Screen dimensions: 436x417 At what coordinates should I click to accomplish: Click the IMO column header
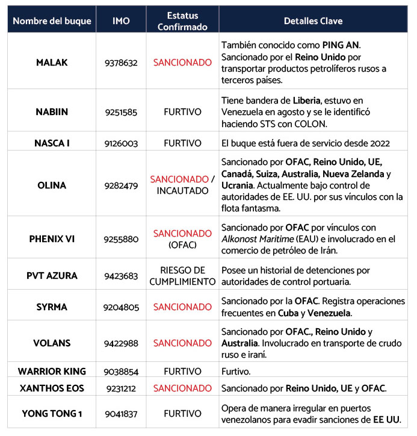(x=121, y=21)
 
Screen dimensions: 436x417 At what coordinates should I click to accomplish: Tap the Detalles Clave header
(x=313, y=21)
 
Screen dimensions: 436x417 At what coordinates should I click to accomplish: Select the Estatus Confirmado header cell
(x=182, y=21)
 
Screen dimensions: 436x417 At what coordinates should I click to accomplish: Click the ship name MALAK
(x=52, y=62)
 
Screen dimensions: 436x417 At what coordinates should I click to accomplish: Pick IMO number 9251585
(x=121, y=111)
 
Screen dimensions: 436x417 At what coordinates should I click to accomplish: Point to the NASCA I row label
(x=52, y=143)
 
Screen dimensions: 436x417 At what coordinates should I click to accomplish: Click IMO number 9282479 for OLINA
(x=121, y=185)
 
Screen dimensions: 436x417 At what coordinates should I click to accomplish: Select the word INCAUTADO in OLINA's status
(x=182, y=191)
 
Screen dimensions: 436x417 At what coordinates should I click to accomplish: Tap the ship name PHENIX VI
(x=52, y=238)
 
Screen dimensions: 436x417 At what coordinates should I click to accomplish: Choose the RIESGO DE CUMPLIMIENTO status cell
(x=182, y=276)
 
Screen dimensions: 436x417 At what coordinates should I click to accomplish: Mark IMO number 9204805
(x=121, y=307)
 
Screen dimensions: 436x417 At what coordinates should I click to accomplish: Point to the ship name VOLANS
(x=52, y=343)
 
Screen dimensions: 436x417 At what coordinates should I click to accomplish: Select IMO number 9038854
(x=121, y=372)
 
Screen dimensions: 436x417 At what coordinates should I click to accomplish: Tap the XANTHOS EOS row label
(x=52, y=388)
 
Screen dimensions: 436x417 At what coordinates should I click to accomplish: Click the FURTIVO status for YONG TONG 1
(x=182, y=414)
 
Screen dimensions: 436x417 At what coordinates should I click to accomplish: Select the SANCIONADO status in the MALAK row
(x=182, y=62)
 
